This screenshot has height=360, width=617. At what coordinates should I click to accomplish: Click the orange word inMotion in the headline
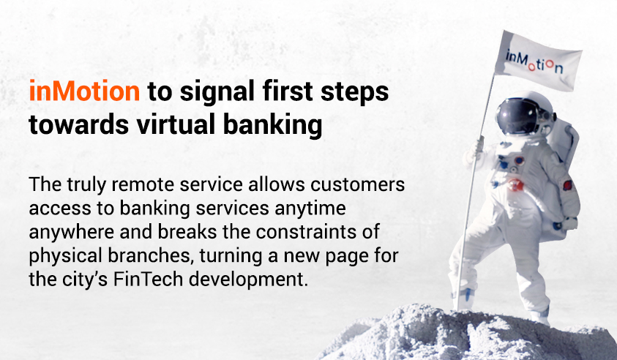point(84,91)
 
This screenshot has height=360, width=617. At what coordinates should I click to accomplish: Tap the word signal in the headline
point(217,92)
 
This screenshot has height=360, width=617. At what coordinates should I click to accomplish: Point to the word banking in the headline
point(273,126)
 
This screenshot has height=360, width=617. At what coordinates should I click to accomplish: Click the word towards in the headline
point(79,124)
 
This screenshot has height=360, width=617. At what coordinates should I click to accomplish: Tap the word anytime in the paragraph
point(310,209)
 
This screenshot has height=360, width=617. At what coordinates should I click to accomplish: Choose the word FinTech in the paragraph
point(149,279)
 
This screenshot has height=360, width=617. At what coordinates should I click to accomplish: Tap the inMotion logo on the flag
point(534,61)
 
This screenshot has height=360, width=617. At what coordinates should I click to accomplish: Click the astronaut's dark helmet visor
point(515,116)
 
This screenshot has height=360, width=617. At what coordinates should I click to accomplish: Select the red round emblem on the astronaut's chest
point(515,184)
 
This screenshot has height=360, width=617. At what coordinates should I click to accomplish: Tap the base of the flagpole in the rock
point(460,307)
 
